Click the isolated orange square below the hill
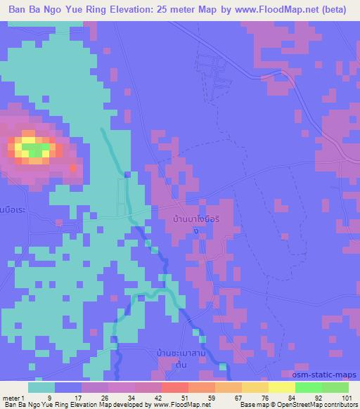(74, 168)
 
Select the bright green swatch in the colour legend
(309, 387)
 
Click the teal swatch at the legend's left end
(41, 387)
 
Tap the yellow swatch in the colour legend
(283, 387)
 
